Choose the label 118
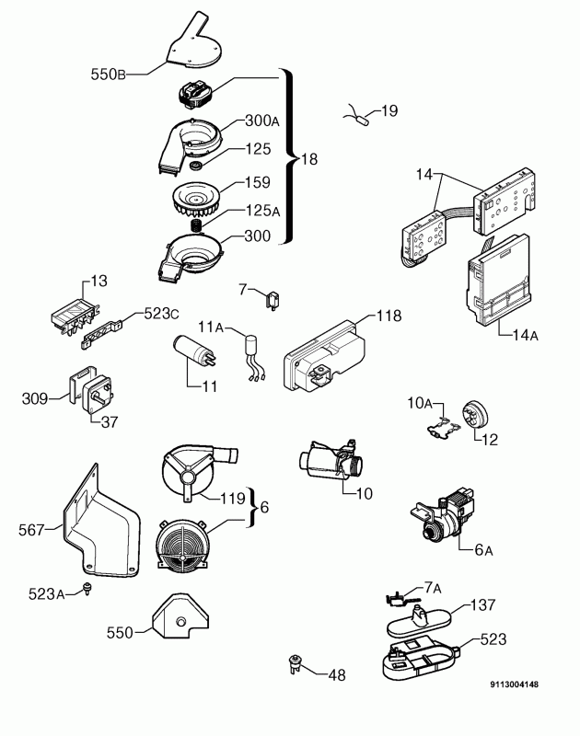coord(389,316)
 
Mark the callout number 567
coord(31,529)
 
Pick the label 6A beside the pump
coord(484,550)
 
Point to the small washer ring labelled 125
coord(195,167)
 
